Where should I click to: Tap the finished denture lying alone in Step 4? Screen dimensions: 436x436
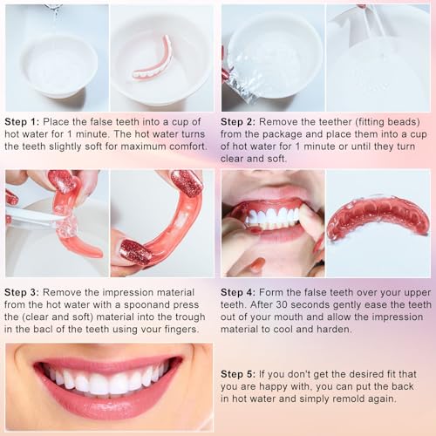coord(377,218)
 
